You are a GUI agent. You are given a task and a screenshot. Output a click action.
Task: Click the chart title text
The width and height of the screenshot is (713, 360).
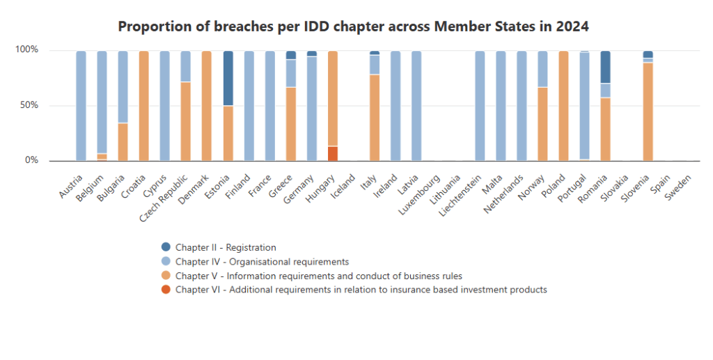[354, 26]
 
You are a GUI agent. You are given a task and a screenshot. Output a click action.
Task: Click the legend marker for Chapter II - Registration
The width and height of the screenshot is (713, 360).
[166, 247]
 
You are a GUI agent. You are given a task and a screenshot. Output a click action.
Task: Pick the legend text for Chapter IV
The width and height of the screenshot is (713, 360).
[262, 262]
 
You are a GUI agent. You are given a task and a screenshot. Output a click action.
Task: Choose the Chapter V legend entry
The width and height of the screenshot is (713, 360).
[318, 276]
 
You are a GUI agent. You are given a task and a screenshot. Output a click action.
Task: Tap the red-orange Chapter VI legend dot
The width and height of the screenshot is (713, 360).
[166, 290]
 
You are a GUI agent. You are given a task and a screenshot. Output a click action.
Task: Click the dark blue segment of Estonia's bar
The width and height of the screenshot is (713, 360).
[228, 78]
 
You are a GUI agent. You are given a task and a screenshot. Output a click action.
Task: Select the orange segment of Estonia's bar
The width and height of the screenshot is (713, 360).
[228, 133]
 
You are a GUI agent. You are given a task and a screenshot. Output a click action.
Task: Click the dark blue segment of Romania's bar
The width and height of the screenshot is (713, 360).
[605, 67]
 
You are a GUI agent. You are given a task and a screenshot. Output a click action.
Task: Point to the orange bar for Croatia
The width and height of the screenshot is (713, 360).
[144, 106]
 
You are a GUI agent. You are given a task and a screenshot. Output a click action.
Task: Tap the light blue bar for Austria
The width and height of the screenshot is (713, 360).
[81, 106]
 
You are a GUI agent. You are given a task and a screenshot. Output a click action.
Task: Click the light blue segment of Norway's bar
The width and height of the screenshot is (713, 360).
[542, 69]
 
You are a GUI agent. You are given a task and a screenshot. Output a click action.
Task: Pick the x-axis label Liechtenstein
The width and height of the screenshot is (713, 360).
[462, 196]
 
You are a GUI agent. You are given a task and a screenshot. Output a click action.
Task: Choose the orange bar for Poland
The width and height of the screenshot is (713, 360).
[563, 106]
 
